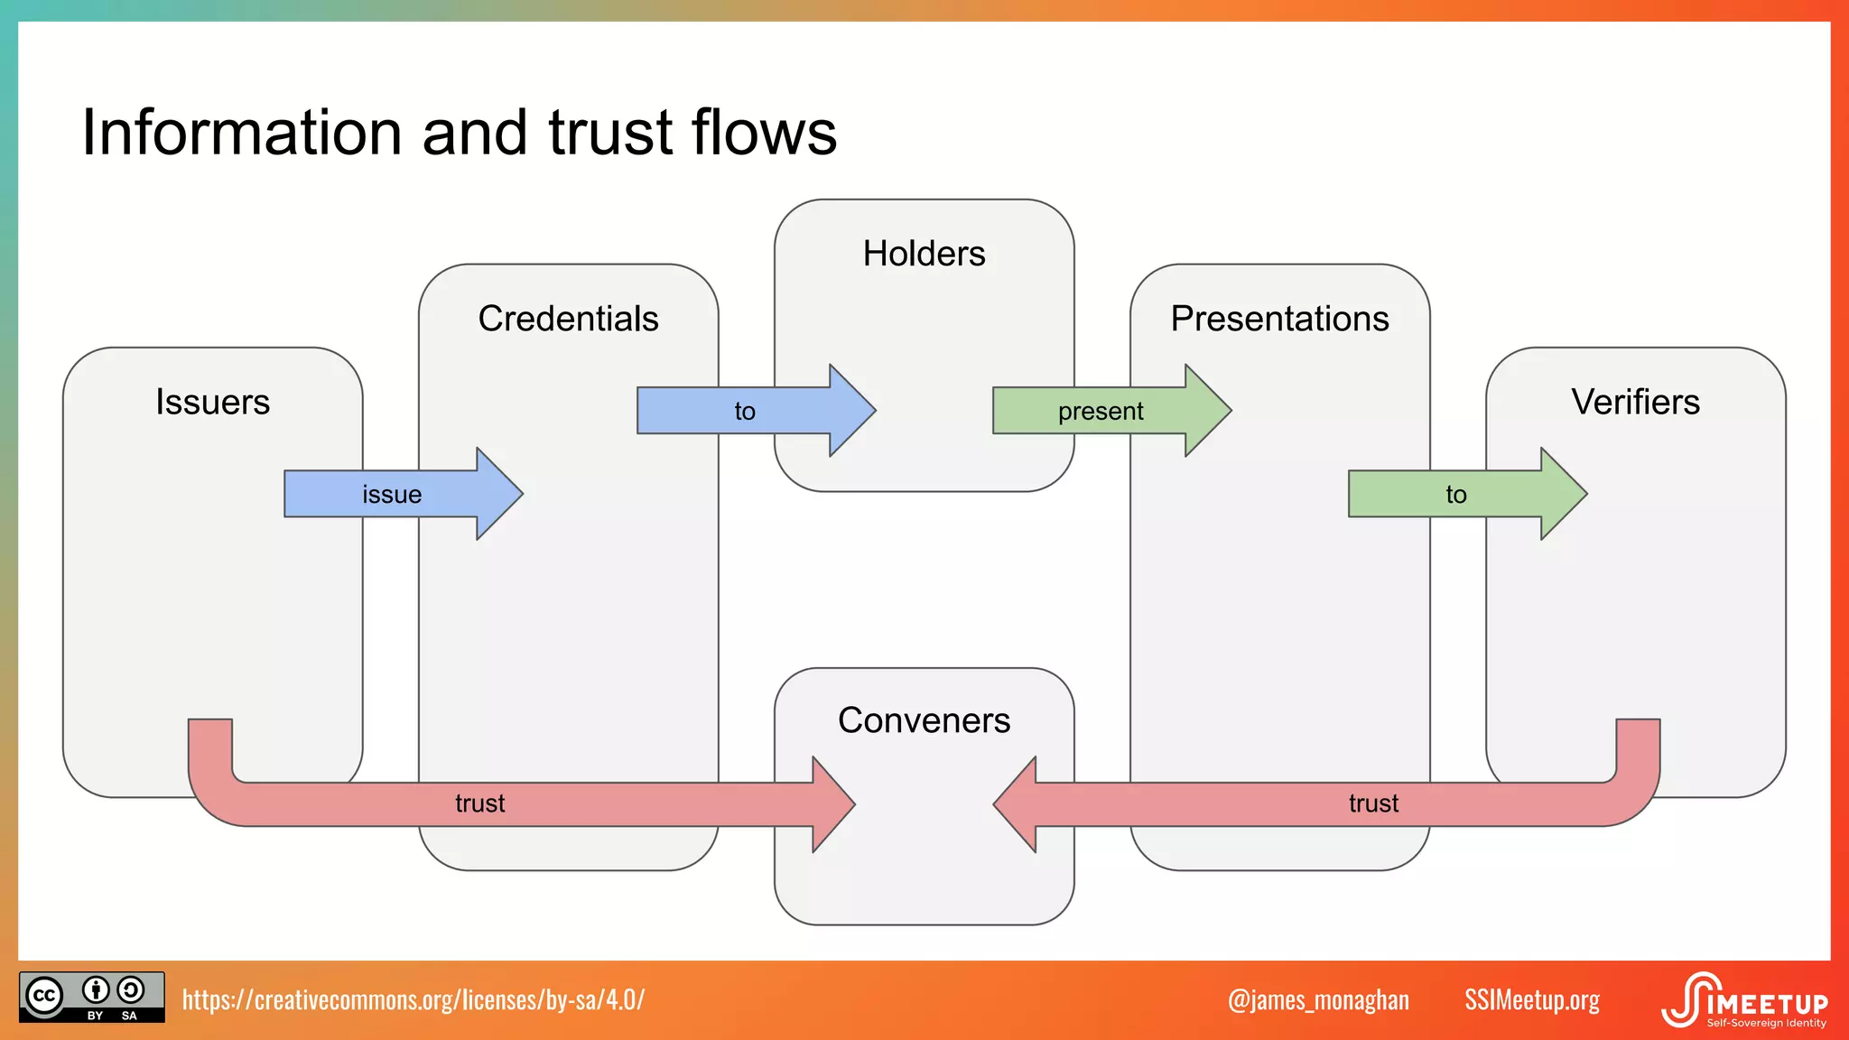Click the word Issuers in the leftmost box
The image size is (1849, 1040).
coord(212,402)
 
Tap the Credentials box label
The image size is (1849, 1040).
coord(568,319)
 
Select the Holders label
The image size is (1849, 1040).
coord(924,254)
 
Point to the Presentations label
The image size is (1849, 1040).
coord(1279,319)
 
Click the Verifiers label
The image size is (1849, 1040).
coord(1635,402)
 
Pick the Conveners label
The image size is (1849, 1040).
coord(924,720)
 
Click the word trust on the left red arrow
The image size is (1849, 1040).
coord(479,803)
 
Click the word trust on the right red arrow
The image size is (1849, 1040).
coord(1373,803)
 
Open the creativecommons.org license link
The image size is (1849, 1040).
coord(413,999)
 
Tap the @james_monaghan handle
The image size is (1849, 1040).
coord(1318,1000)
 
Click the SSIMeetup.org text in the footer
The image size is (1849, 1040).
coord(1531,1000)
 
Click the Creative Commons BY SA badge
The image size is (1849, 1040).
coord(92,997)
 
